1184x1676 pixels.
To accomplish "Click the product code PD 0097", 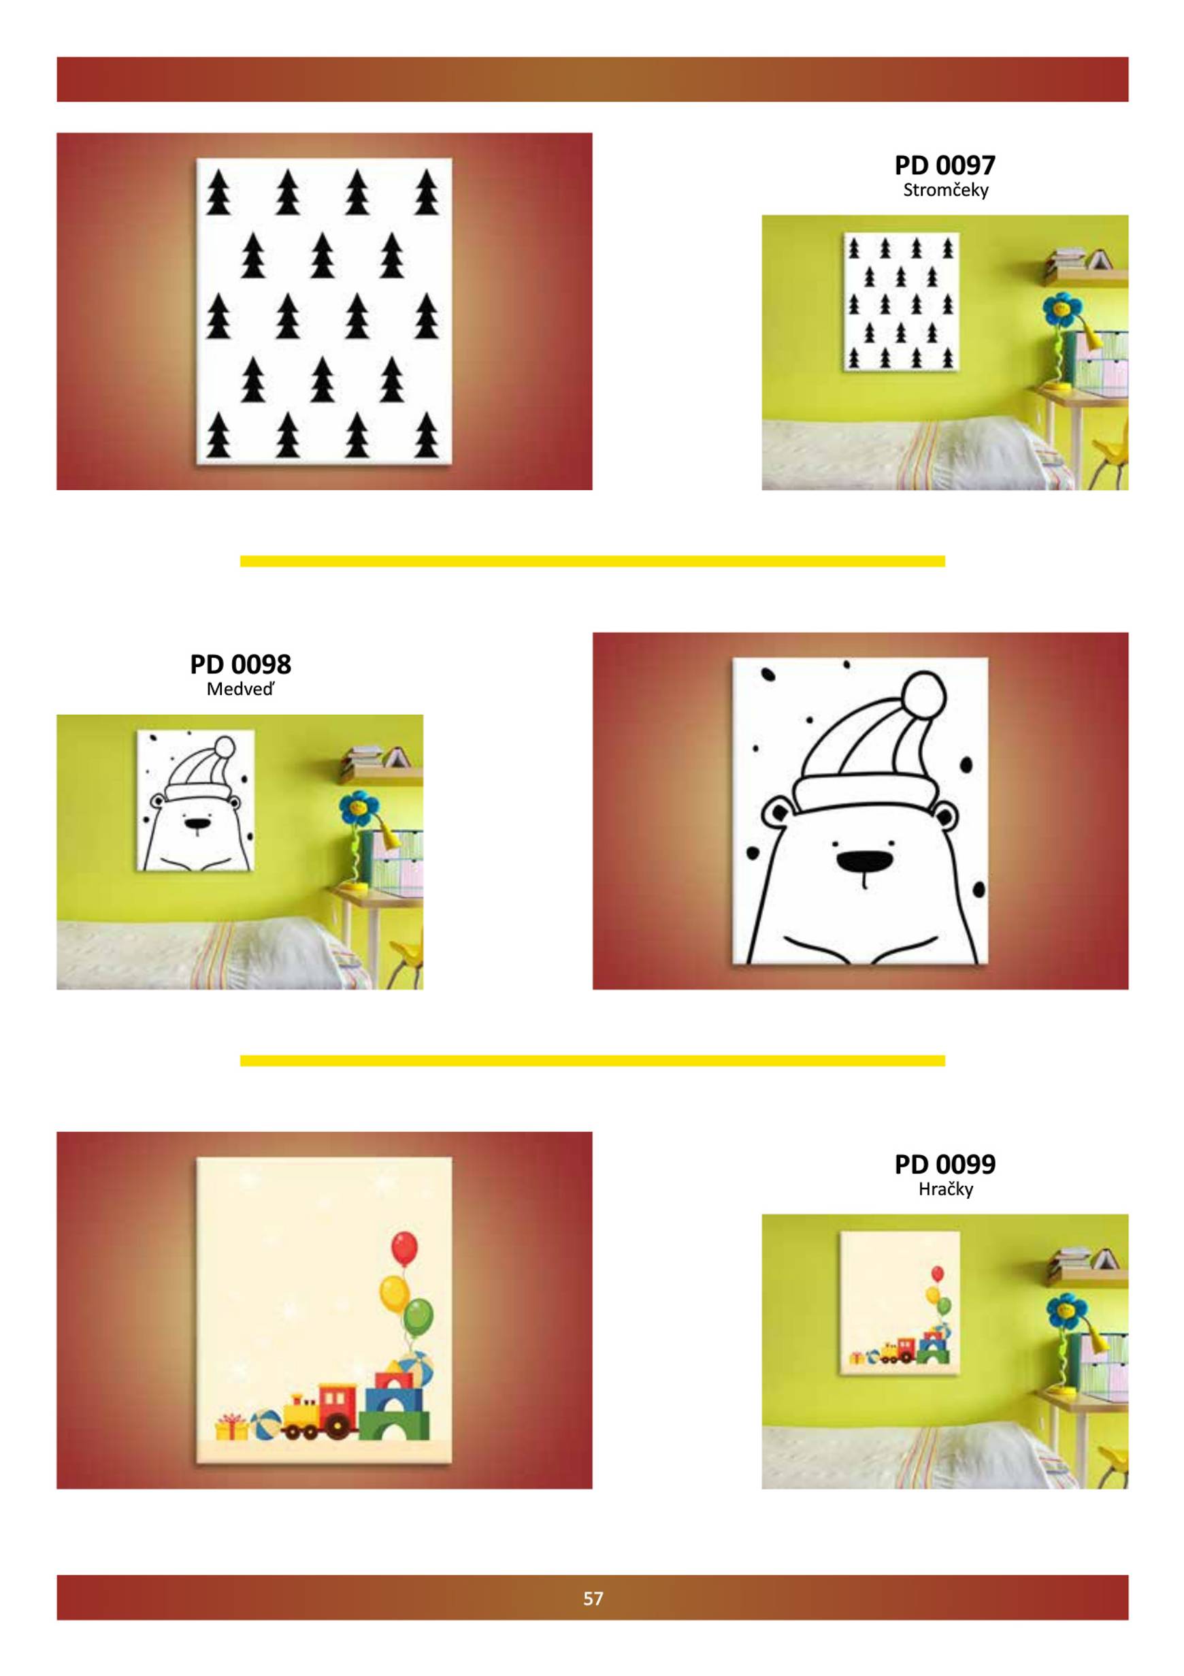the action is click(944, 165).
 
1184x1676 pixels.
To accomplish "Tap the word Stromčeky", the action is click(945, 191).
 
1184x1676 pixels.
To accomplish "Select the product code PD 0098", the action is click(240, 664).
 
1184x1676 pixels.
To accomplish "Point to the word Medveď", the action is click(240, 689).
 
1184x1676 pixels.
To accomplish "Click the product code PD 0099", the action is click(944, 1163).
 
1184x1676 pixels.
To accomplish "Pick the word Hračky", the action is click(945, 1189).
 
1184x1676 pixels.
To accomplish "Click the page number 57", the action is click(593, 1598).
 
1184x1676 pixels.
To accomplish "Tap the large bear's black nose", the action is click(864, 861).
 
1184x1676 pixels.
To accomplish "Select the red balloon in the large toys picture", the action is click(404, 1248).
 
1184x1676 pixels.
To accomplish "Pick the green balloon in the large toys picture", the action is click(418, 1318).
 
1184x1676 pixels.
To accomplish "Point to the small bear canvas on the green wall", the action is click(195, 800).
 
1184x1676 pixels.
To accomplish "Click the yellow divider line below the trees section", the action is click(593, 562).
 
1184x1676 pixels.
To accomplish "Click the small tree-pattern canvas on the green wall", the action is click(901, 302).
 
